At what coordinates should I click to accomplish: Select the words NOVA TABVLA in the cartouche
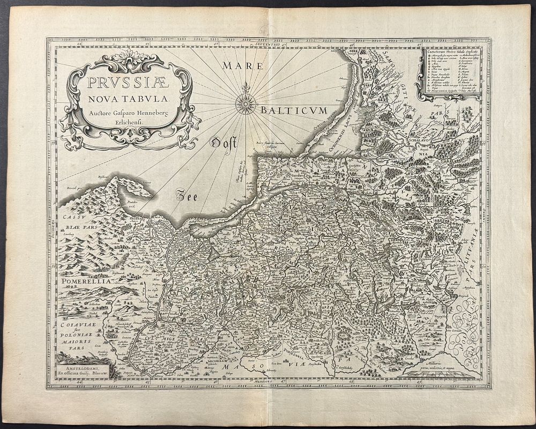coord(123,99)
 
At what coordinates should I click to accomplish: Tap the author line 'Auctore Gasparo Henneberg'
coord(123,112)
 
